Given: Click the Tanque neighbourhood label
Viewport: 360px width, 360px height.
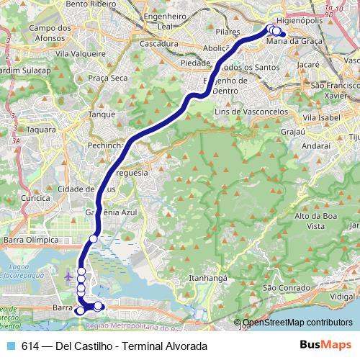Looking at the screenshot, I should point(102,114).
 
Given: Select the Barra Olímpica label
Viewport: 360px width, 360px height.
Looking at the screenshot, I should point(30,239).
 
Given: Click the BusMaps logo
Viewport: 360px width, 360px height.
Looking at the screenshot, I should point(325,346).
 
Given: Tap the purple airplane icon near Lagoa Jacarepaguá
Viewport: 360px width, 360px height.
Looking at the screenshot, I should point(68,276).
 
